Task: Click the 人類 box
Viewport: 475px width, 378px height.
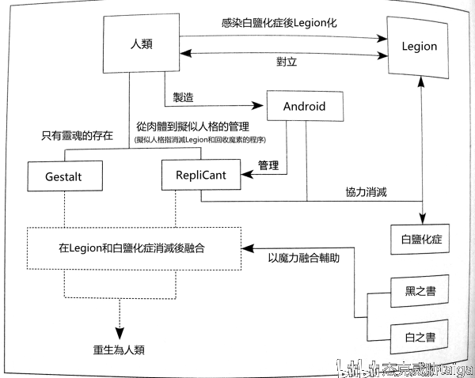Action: click(x=140, y=47)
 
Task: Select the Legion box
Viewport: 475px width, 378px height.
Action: click(x=419, y=46)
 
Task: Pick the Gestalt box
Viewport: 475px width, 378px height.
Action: click(x=65, y=176)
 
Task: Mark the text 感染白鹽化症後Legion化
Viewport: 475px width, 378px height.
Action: click(x=279, y=23)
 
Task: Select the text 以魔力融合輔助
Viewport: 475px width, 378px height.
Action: click(x=306, y=257)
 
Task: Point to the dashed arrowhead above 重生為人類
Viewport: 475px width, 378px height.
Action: click(x=118, y=331)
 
